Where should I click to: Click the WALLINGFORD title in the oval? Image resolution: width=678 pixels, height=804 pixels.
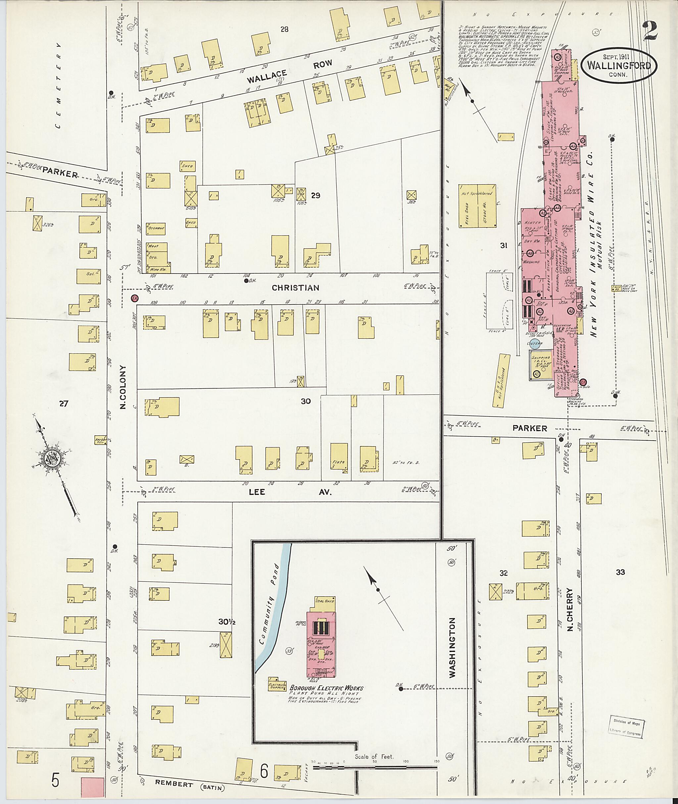618,65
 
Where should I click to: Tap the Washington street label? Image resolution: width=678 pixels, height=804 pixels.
452,647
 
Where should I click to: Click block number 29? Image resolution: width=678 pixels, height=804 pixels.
315,196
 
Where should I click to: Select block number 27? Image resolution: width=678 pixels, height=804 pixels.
64,403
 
